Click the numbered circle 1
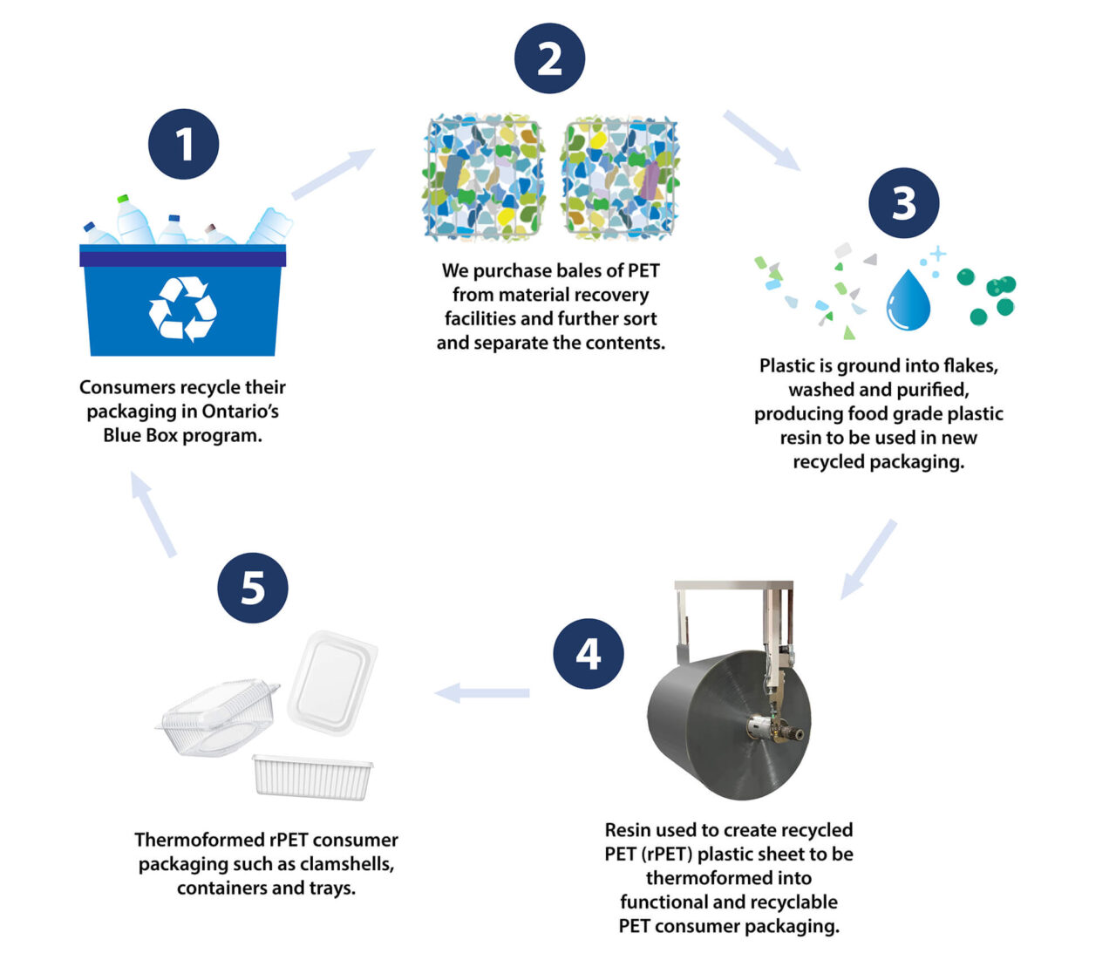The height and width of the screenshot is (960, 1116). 183,144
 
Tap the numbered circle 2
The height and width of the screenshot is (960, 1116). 549,58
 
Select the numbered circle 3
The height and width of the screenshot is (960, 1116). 903,203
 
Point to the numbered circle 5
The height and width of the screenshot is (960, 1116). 253,587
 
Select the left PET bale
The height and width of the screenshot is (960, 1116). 484,180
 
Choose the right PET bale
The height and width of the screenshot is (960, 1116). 619,180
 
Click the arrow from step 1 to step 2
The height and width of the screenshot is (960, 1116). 332,174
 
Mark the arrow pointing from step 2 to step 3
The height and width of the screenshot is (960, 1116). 761,140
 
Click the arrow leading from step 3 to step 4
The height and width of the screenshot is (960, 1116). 868,559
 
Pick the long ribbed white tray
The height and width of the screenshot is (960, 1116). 313,775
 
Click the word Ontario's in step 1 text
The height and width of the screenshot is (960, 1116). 241,412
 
